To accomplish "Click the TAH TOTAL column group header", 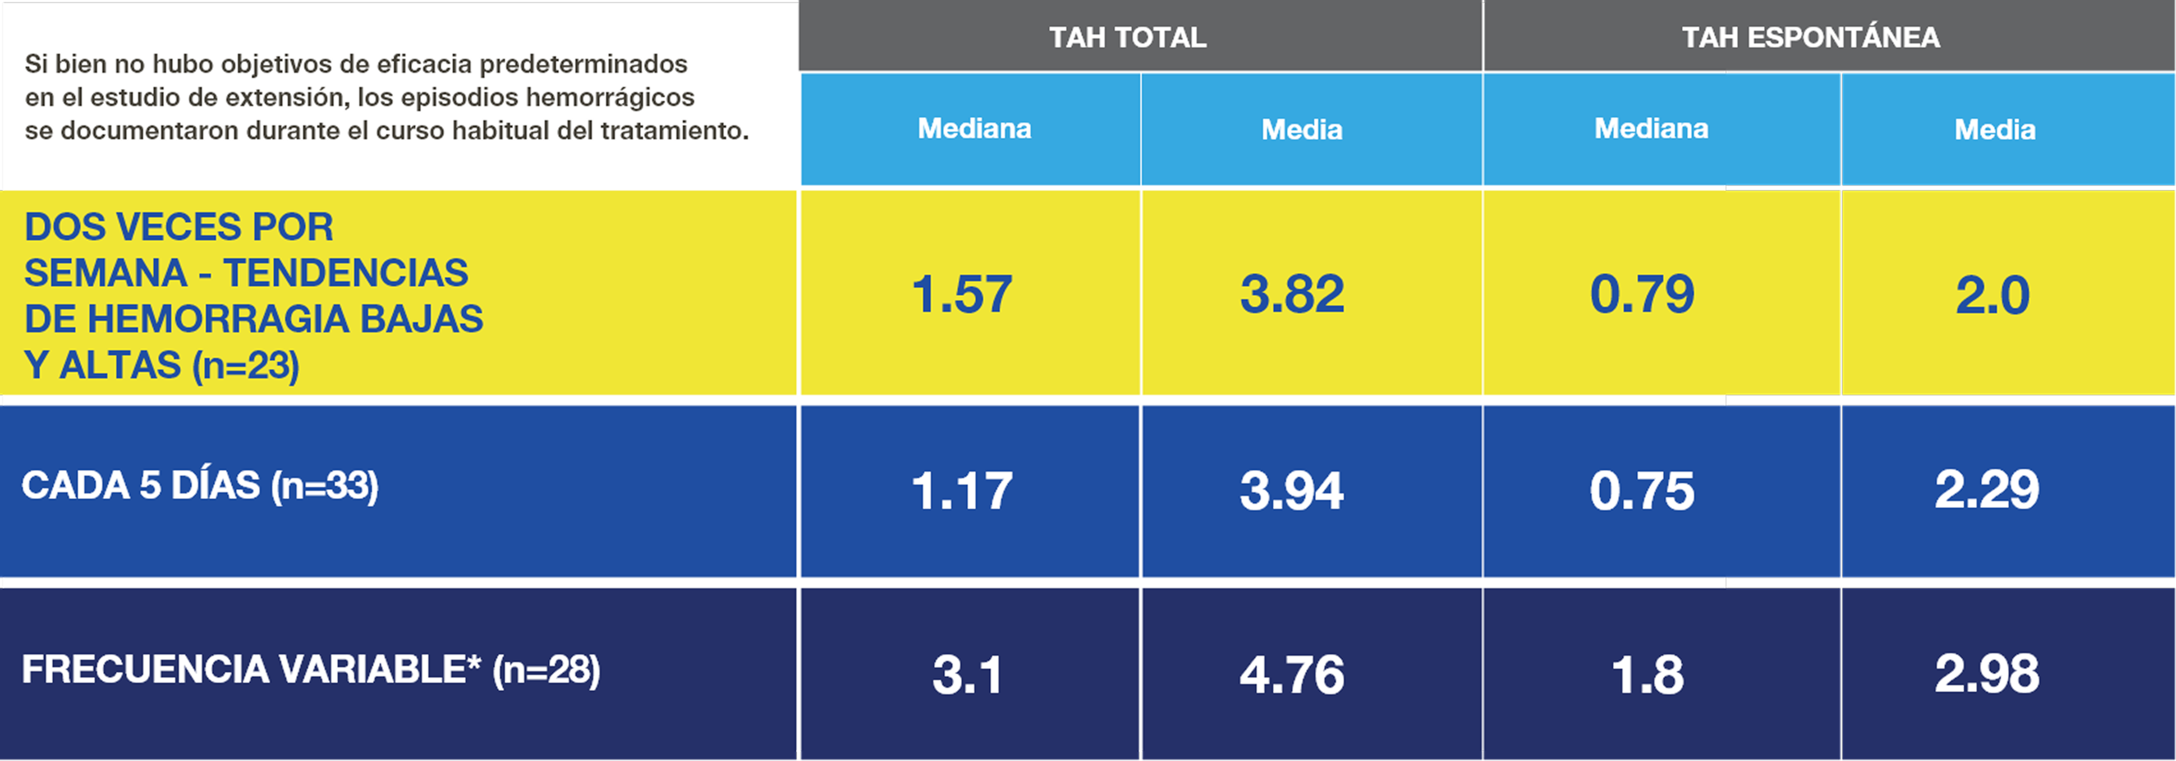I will (x=1127, y=37).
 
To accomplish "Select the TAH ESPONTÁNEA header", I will (x=1810, y=37).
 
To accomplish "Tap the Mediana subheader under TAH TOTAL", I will (x=974, y=129).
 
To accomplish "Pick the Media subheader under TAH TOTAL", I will (x=1302, y=129).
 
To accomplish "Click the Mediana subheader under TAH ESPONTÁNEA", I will (x=1651, y=129).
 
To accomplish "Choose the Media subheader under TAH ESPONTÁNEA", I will (x=1995, y=129).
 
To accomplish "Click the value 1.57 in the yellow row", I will (x=961, y=294).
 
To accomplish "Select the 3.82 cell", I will (x=1291, y=294).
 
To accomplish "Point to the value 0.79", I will (x=1641, y=294).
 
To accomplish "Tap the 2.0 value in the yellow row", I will (x=1992, y=295).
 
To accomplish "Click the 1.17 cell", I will (x=961, y=491).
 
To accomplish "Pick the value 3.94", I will (x=1291, y=491).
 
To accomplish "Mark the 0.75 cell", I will (x=1641, y=491).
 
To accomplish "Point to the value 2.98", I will (x=1987, y=673).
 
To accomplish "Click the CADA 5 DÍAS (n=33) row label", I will (x=200, y=486).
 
